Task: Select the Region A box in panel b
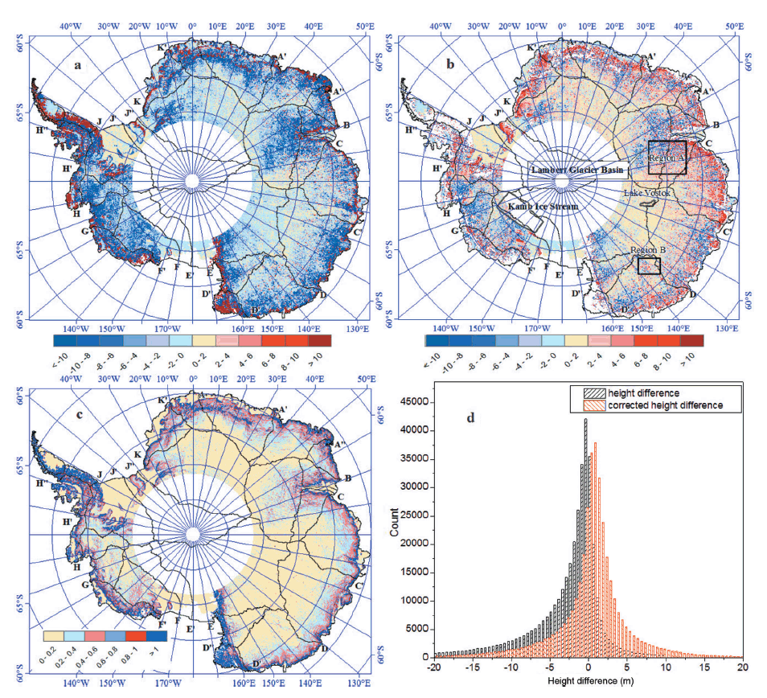pos(667,157)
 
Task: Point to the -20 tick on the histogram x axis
pos(435,667)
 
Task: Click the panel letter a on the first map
pos(78,66)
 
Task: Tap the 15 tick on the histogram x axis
pos(703,667)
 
